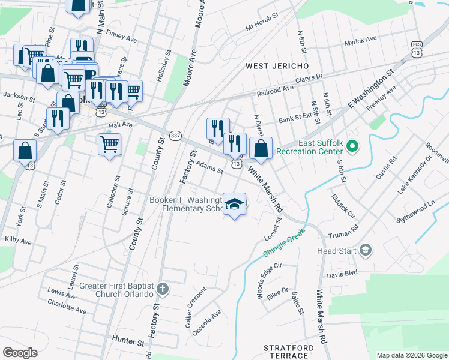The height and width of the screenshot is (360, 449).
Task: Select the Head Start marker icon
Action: (365, 250)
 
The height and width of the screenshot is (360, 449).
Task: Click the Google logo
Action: (20, 353)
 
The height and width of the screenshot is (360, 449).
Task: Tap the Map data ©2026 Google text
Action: (412, 355)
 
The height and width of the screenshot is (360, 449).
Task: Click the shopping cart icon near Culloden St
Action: (110, 143)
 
